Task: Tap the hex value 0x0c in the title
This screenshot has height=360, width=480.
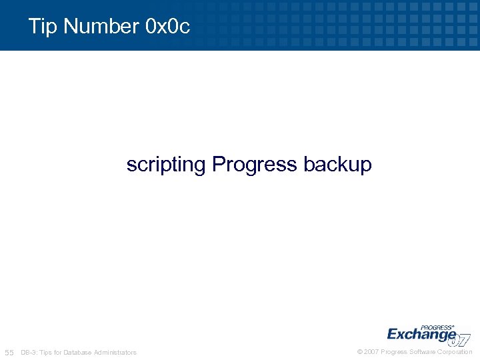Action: click(x=167, y=27)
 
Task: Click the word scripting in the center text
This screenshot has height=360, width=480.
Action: click(x=166, y=165)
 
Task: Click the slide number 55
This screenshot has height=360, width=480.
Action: click(x=9, y=352)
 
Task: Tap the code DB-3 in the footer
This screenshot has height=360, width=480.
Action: click(x=29, y=352)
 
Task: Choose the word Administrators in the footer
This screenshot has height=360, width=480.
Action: click(x=115, y=352)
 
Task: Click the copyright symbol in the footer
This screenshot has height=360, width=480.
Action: click(x=360, y=352)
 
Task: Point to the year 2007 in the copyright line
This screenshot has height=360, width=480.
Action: click(x=371, y=352)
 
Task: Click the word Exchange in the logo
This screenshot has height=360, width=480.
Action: click(x=421, y=334)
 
